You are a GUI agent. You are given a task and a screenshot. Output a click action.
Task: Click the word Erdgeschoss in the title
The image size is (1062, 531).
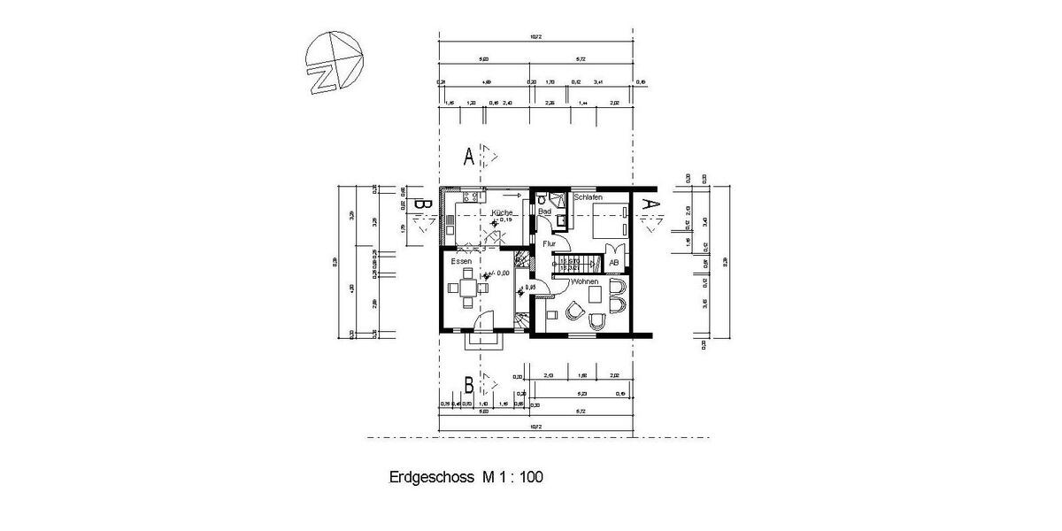click(x=432, y=477)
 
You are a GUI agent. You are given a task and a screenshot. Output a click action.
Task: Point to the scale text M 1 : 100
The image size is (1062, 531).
click(x=512, y=477)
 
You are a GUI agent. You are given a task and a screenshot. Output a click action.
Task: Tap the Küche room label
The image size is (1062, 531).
click(x=502, y=213)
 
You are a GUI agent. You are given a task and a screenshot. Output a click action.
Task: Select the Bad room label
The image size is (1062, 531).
click(x=545, y=212)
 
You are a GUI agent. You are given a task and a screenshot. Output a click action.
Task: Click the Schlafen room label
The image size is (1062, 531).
click(x=588, y=197)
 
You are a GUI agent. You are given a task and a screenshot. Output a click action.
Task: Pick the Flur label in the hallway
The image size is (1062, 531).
click(x=549, y=242)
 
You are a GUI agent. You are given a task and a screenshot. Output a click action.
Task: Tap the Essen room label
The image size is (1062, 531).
click(x=461, y=262)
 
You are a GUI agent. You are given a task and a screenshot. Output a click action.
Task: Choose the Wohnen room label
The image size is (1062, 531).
click(x=585, y=281)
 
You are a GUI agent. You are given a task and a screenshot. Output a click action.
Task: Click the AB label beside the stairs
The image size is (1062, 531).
click(x=613, y=263)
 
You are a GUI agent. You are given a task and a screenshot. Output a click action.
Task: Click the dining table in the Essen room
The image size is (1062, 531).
click(x=467, y=287)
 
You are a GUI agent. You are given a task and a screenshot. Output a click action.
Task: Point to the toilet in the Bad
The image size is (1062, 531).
click(x=541, y=199)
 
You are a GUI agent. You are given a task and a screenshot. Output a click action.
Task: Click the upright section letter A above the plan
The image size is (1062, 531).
click(x=469, y=158)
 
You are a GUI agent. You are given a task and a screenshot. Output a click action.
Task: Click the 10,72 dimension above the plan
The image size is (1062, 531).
click(x=535, y=36)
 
